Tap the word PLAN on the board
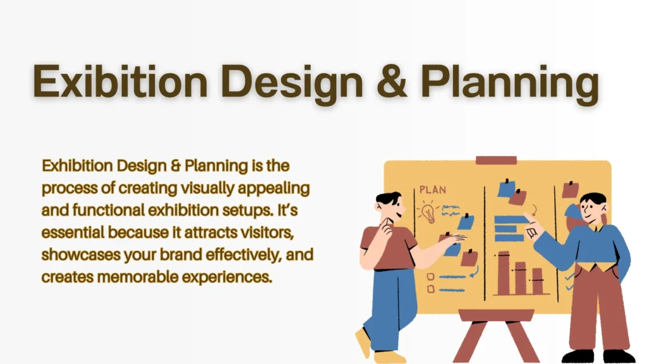coord(433,189)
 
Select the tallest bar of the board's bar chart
coord(504,272)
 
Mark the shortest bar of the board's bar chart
coord(537,281)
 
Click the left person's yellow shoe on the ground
coord(363,342)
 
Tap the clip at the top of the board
coord(497,160)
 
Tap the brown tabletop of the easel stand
coord(496,315)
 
